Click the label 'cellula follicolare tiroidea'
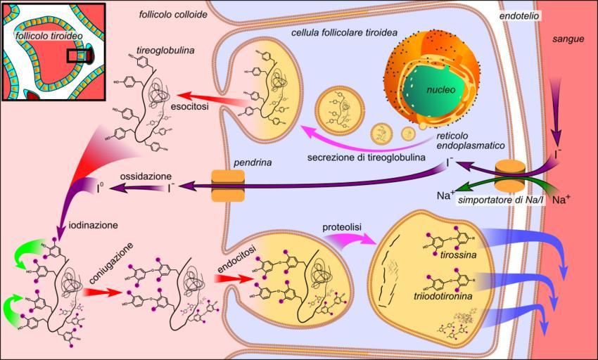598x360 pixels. pyautogui.click(x=343, y=33)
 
